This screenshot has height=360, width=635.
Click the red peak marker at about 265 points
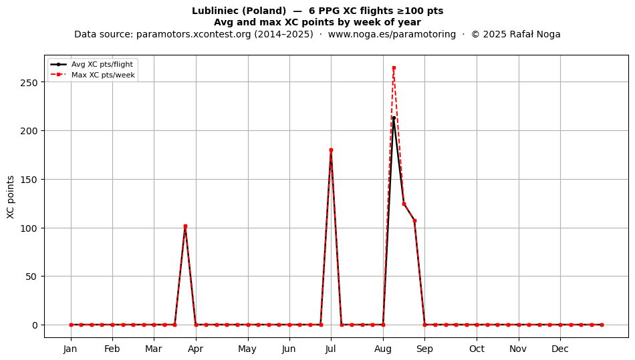point(394,68)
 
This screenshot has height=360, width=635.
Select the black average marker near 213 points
point(394,118)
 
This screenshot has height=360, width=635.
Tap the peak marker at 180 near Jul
point(331,150)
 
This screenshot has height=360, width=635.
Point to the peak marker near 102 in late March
point(185,226)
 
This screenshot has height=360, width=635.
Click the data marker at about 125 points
point(404,204)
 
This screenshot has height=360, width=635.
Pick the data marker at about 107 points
point(414,221)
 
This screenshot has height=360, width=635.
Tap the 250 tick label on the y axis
point(29,83)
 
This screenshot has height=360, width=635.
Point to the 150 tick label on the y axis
point(29,180)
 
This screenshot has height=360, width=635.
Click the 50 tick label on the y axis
point(31,277)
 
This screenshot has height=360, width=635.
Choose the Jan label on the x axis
point(71,349)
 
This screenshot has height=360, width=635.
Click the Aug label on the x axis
point(383,349)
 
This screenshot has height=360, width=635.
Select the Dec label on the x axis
point(560,349)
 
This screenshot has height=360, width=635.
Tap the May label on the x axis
point(247,349)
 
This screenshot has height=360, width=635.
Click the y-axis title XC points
point(11,197)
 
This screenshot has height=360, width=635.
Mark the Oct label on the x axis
point(477,349)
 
